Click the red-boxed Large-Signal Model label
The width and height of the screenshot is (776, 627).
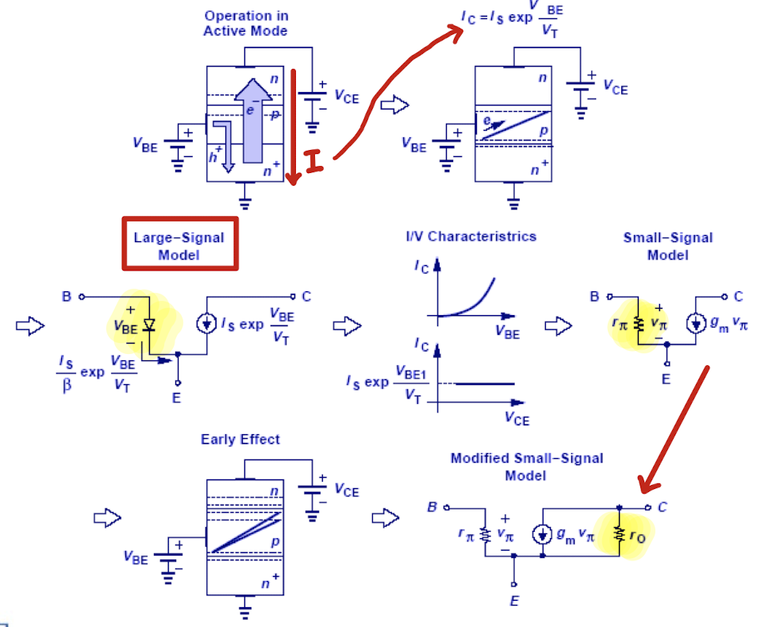point(179,245)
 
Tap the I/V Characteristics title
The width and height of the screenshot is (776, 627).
point(471,236)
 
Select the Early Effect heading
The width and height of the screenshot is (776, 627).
point(240,439)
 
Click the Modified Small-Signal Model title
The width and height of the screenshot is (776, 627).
point(526,466)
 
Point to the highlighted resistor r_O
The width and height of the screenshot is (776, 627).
point(619,534)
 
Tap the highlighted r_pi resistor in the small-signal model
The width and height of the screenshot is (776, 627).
point(637,325)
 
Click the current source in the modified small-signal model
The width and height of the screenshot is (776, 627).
point(543,534)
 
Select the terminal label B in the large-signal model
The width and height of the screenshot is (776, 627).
point(67,297)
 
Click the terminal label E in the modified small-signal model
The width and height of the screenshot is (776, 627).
point(515,601)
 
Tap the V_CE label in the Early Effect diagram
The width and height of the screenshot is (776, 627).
point(346,490)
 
